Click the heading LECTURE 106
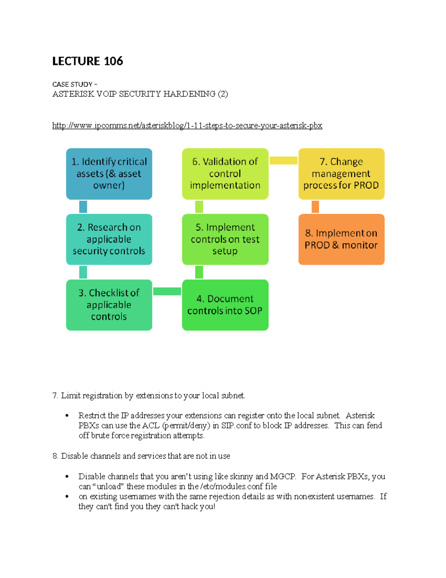[87, 61]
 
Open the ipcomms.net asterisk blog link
[187, 125]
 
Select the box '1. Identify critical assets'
[109, 173]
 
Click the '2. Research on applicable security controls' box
[109, 239]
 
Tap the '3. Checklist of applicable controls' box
[109, 304]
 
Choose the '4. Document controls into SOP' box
[225, 304]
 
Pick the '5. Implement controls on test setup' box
[225, 239]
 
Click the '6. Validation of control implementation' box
[225, 173]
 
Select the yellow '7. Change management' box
[341, 173]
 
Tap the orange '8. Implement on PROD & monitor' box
[341, 239]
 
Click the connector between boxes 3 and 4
[167, 291]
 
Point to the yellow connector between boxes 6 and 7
[283, 160]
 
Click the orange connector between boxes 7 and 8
[315, 207]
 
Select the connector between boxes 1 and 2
[83, 207]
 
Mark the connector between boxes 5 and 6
[199, 207]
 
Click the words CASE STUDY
[72, 84]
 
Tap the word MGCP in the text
[282, 476]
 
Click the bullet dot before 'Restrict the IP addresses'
[67, 416]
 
